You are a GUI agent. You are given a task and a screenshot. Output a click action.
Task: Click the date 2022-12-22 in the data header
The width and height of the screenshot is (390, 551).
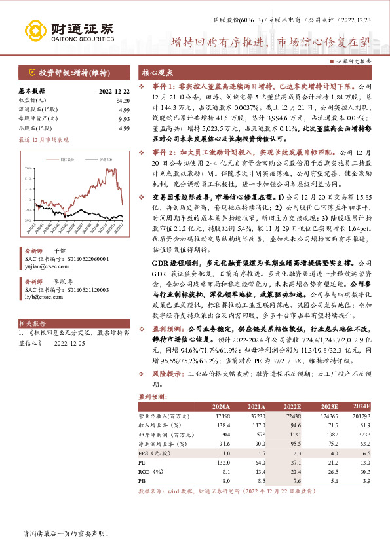(x=114, y=91)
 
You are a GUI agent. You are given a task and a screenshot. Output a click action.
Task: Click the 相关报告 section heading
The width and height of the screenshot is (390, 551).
(x=31, y=323)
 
